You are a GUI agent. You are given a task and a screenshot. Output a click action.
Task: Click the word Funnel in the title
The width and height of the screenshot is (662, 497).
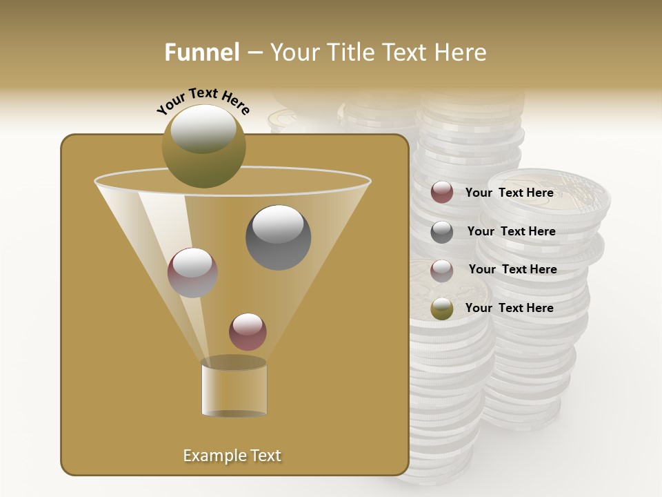(202, 52)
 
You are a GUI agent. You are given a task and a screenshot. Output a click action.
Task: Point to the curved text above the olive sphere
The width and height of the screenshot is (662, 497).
(203, 101)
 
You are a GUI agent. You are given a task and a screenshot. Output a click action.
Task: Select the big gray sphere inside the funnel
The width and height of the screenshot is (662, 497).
(278, 237)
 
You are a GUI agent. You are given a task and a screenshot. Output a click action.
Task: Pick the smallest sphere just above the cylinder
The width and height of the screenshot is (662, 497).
(248, 331)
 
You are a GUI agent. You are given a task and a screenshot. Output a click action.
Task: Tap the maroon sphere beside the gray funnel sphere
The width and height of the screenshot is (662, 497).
(192, 273)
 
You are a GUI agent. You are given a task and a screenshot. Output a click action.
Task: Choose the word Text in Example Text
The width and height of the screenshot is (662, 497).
(264, 456)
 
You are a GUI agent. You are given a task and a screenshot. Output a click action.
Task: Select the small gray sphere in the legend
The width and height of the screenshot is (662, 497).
(442, 232)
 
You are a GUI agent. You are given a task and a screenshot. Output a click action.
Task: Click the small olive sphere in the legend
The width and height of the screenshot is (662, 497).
(442, 309)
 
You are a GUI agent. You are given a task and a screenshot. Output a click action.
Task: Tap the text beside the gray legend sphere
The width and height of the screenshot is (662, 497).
(511, 231)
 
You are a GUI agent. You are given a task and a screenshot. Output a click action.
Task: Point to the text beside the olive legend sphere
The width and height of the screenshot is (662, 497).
(509, 308)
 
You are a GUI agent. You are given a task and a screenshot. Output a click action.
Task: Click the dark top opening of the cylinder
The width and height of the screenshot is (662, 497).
(234, 362)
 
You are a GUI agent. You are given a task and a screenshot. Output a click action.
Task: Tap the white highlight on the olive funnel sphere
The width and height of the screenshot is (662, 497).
(203, 128)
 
